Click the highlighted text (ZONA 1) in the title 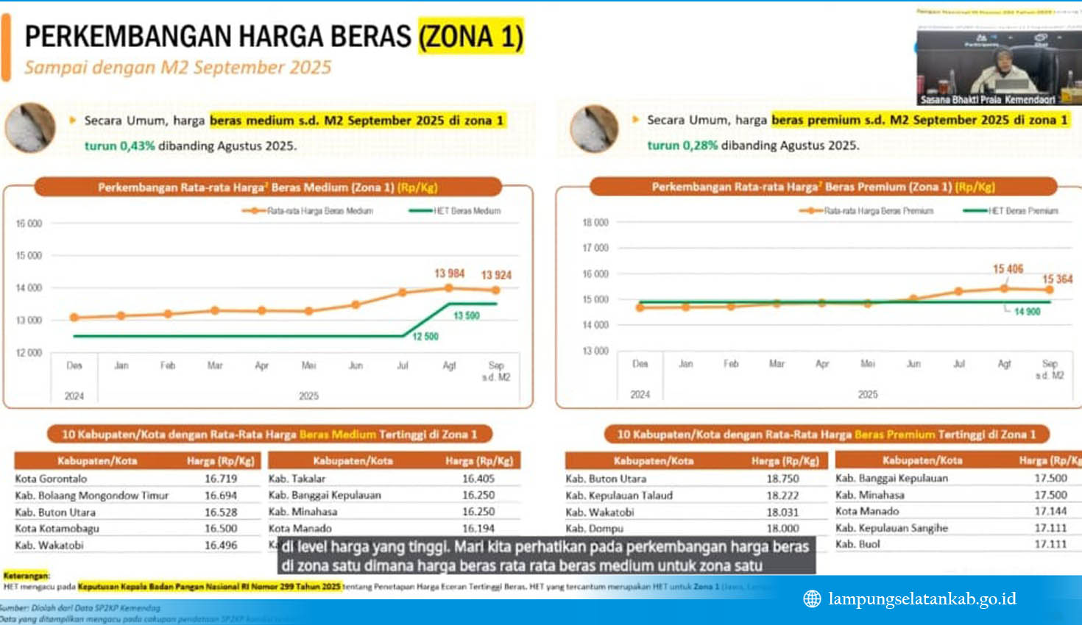point(471,37)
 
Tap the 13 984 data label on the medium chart point(449,274)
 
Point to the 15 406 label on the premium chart point(1008,269)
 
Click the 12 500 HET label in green point(425,337)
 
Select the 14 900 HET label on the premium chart point(1027,312)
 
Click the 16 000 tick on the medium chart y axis point(29,224)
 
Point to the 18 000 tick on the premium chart point(595,223)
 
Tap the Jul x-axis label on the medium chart point(403,365)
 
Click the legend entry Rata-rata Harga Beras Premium point(878,211)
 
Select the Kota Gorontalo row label point(51,479)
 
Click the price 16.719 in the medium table point(221,479)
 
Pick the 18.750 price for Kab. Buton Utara point(782,479)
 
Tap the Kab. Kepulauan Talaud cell point(619,496)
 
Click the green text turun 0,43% point(119,146)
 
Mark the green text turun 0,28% point(682,146)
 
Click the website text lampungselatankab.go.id point(922,599)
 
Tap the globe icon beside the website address point(812,599)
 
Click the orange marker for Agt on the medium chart point(449,288)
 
